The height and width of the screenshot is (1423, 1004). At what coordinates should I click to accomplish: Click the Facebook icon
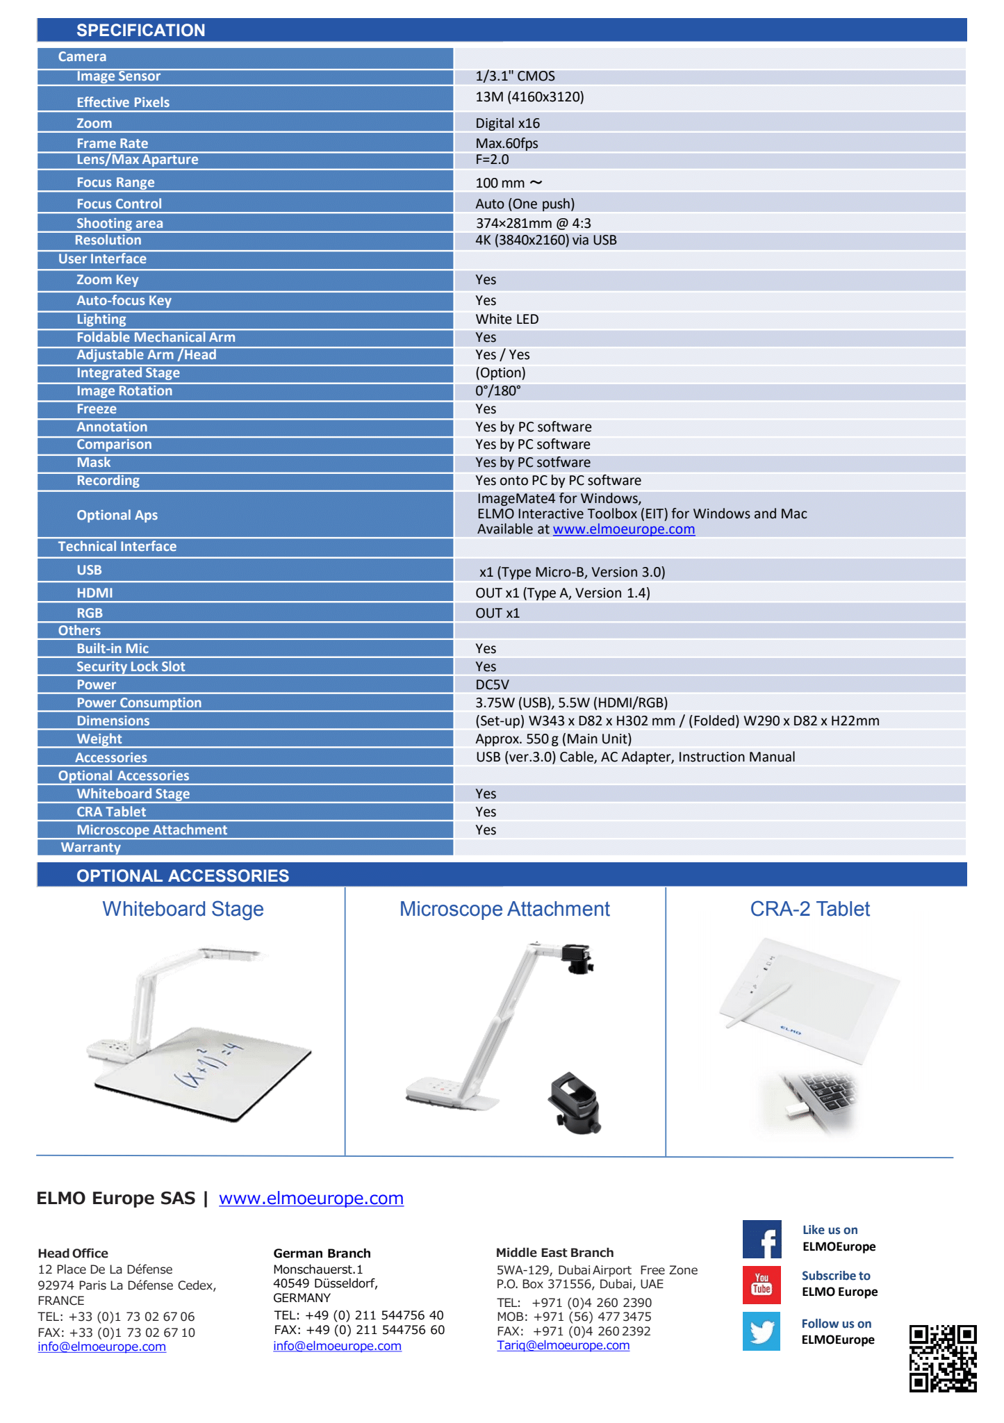(x=762, y=1239)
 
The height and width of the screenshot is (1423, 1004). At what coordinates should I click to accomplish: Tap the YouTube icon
(x=762, y=1284)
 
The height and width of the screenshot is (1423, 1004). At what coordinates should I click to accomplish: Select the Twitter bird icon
(x=762, y=1331)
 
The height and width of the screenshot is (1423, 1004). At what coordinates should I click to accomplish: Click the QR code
(x=942, y=1358)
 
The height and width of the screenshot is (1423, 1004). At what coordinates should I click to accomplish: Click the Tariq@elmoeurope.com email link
(x=563, y=1345)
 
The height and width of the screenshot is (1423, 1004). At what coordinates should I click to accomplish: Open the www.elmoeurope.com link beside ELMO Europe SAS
(x=311, y=1199)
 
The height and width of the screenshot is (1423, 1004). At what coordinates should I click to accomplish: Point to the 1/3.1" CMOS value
(x=515, y=76)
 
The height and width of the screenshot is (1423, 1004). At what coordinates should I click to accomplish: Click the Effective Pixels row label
(x=123, y=102)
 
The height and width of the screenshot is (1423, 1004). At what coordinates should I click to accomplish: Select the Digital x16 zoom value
(x=507, y=124)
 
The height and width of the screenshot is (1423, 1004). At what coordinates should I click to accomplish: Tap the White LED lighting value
(x=507, y=320)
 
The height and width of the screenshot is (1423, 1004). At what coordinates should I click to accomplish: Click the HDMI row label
(x=94, y=593)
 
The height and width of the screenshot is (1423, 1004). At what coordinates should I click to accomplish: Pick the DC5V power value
(x=492, y=685)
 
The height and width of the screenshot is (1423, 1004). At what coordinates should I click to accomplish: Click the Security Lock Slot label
(x=131, y=667)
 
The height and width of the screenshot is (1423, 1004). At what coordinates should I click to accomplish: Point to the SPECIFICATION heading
(x=141, y=31)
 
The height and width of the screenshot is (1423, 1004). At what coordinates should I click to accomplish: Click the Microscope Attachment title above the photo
(x=504, y=909)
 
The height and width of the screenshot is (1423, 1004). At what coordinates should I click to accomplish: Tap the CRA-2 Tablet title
(x=809, y=909)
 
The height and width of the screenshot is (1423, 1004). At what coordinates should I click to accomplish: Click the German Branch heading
(x=322, y=1253)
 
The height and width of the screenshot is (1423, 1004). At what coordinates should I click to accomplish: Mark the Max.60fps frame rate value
(x=507, y=144)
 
